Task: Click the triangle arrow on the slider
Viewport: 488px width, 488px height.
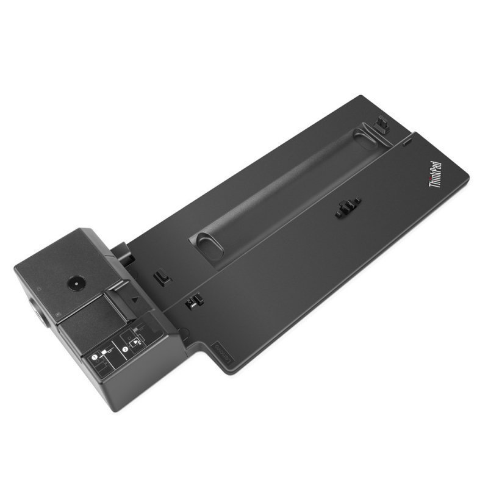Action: click(x=134, y=301)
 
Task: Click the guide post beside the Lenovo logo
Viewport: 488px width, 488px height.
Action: click(x=193, y=300)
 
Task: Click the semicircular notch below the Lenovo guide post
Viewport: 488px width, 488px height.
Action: click(x=184, y=333)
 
